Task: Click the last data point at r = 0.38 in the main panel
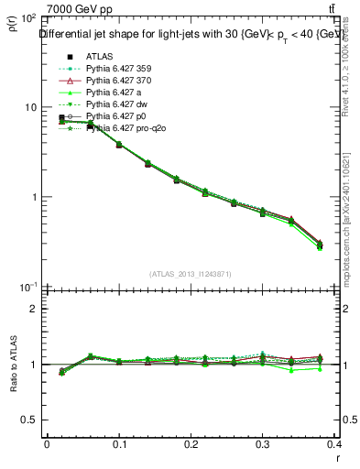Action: click(x=319, y=245)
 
